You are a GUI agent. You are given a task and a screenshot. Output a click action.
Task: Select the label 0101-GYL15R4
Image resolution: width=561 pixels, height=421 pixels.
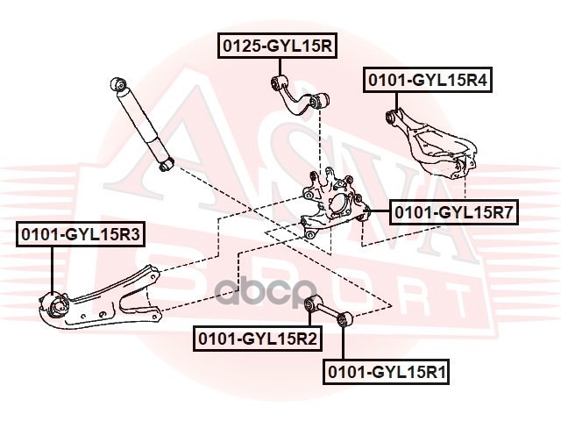pos(427,81)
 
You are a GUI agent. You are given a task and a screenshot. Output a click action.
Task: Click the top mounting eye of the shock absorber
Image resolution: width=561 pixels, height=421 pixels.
pos(118,85)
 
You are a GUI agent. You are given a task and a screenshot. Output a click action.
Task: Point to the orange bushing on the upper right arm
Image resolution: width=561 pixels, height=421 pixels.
pos(394,116)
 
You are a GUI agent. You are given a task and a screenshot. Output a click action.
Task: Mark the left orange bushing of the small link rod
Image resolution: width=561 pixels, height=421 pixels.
pos(309,304)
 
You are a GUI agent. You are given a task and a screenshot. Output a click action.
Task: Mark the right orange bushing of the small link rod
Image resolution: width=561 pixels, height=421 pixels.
pos(346,318)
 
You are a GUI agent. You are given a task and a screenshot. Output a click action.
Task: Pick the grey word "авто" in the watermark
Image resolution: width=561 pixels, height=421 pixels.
pos(267,289)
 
